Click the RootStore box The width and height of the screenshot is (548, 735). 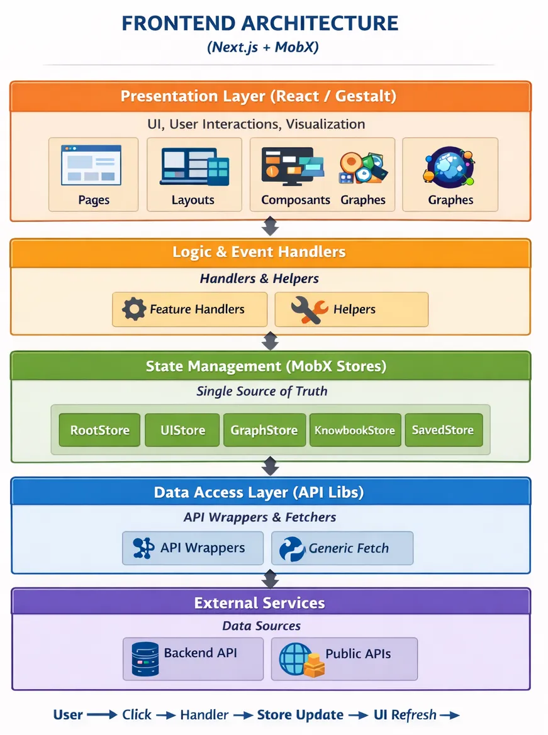pyautogui.click(x=99, y=431)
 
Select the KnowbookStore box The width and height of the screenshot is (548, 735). pyautogui.click(x=355, y=431)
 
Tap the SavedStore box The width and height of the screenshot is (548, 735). pyautogui.click(x=443, y=431)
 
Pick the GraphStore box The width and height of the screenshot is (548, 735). pyautogui.click(x=264, y=431)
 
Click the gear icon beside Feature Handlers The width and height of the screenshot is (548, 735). pyautogui.click(x=133, y=309)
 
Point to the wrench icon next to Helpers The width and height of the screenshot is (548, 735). pyautogui.click(x=309, y=309)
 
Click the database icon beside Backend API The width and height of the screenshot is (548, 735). pyautogui.click(x=145, y=658)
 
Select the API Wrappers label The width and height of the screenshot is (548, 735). pyautogui.click(x=203, y=548)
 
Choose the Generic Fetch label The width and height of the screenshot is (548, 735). pyautogui.click(x=349, y=548)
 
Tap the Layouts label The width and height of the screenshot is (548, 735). pyautogui.click(x=193, y=201)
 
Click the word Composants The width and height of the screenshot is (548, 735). pyautogui.click(x=296, y=201)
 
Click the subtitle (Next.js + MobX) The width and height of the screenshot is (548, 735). pyautogui.click(x=262, y=48)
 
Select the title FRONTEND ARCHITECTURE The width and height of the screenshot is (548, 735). pyautogui.click(x=260, y=23)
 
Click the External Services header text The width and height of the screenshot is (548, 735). pyautogui.click(x=259, y=604)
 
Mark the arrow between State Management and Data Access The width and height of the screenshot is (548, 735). pyautogui.click(x=270, y=466)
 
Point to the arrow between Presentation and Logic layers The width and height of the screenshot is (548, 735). pyautogui.click(x=270, y=226)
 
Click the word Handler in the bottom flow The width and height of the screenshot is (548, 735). pyautogui.click(x=204, y=715)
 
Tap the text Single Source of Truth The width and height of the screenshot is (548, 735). pyautogui.click(x=262, y=391)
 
